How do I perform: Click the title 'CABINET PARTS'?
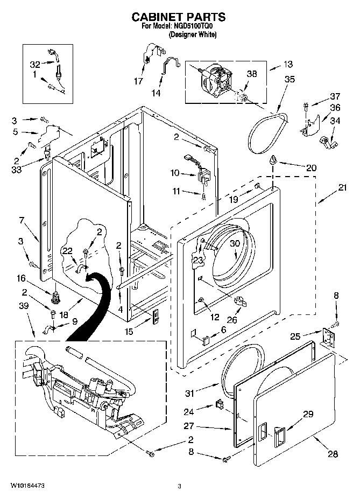click(179, 17)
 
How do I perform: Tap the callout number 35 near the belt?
click(289, 79)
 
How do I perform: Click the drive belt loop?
click(269, 133)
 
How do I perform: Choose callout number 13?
click(287, 65)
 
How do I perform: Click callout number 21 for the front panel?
click(342, 188)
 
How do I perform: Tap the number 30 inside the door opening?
click(235, 243)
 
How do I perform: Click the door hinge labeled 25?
click(328, 337)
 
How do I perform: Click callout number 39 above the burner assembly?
click(24, 306)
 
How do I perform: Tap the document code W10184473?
click(27, 486)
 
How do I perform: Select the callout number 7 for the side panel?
click(22, 220)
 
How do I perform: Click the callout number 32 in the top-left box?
click(35, 65)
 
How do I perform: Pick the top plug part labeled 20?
click(272, 160)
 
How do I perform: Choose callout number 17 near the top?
click(138, 81)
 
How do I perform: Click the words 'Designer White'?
click(193, 34)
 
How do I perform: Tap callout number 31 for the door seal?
click(189, 393)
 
